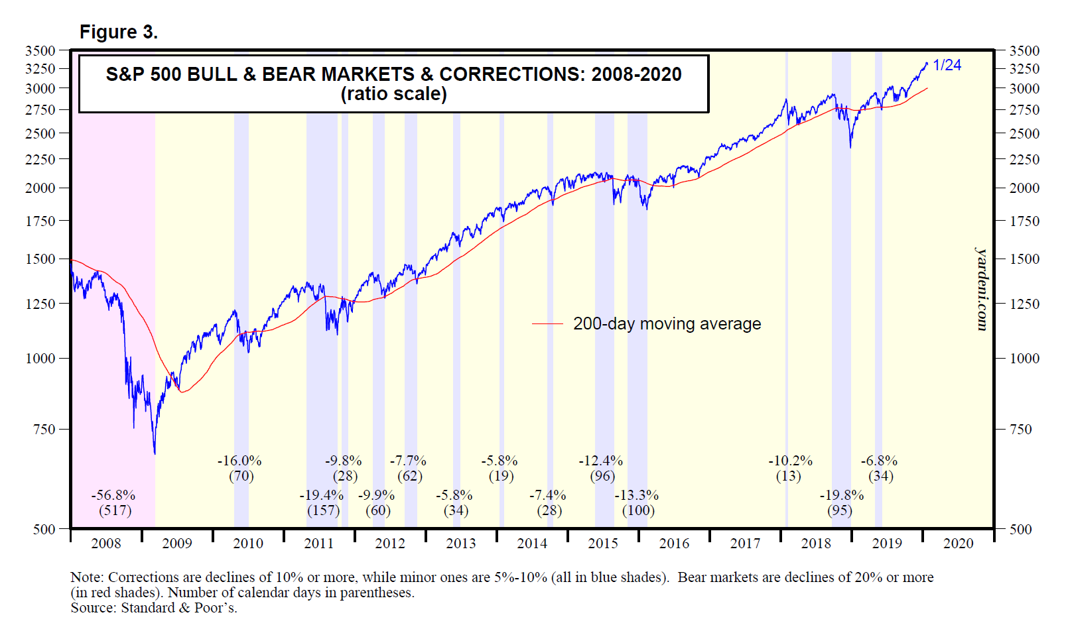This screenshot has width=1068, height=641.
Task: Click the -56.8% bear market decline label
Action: [113, 495]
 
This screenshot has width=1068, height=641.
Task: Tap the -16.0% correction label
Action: [239, 461]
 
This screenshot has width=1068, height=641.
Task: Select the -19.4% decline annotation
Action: [322, 495]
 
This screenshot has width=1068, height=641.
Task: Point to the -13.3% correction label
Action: [637, 495]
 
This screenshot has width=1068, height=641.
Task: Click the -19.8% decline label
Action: [841, 495]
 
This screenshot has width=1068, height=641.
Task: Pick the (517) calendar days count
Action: [115, 510]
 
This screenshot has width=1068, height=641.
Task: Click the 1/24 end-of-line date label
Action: [947, 65]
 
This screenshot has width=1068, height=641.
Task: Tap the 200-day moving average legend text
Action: [667, 323]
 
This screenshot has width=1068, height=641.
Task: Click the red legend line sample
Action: [547, 323]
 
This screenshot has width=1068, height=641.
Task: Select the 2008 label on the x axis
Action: [106, 544]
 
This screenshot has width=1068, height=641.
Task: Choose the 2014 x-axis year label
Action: [532, 544]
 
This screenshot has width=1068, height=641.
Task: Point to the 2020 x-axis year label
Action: [958, 544]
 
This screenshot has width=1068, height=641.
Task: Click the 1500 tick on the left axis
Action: [40, 259]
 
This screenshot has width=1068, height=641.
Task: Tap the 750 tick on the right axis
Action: [1020, 429]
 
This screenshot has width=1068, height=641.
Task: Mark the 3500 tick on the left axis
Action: [40, 50]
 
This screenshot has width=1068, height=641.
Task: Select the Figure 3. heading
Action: [119, 32]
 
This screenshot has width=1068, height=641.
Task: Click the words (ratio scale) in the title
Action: [393, 93]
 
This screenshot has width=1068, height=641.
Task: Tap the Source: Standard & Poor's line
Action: [154, 608]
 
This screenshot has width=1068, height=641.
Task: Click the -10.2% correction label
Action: [790, 461]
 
